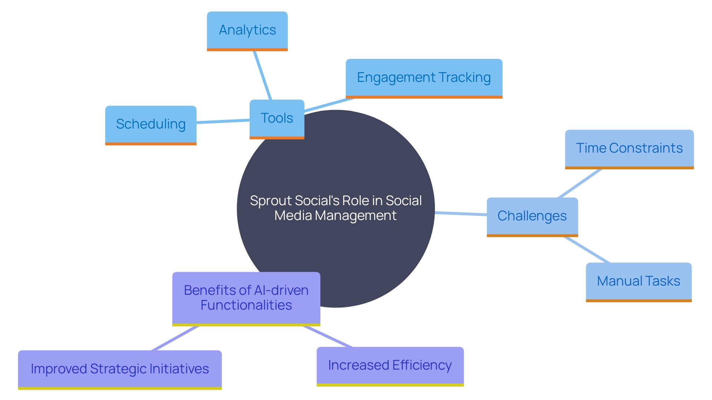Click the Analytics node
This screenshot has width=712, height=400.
[x=247, y=31]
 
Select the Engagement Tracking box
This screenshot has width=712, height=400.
[x=423, y=78]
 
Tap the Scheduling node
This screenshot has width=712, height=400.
[x=151, y=125]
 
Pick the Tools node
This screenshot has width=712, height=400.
[x=277, y=119]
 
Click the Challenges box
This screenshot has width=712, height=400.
[x=532, y=216]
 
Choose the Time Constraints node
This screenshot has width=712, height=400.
[x=629, y=149]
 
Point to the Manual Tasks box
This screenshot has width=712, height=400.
[x=638, y=281]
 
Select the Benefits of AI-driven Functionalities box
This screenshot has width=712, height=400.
[x=246, y=298]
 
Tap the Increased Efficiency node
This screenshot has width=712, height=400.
[x=390, y=366]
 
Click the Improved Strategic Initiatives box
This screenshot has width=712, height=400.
[x=119, y=369]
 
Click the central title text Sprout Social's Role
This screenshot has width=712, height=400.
[x=335, y=208]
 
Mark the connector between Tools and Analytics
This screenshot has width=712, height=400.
[x=263, y=75]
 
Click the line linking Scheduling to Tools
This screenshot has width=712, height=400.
[x=222, y=121]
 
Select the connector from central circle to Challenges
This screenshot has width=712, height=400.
[x=461, y=214]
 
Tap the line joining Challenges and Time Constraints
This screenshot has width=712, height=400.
[x=580, y=183]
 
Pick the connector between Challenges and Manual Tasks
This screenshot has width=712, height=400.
[x=587, y=250]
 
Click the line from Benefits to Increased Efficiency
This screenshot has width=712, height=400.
[x=328, y=337]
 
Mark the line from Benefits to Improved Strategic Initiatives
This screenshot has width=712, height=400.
[x=175, y=338]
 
